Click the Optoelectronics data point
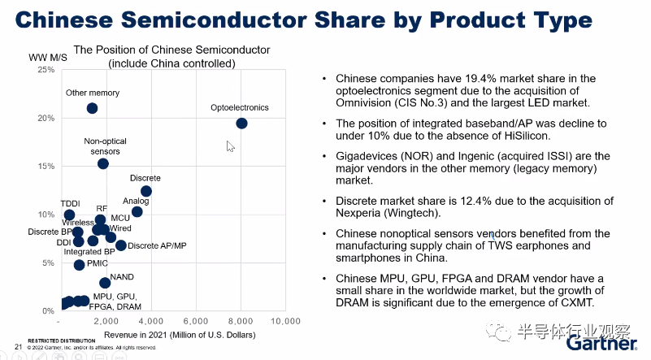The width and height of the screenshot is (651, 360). [x=241, y=123]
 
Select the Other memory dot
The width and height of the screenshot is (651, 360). [x=92, y=108]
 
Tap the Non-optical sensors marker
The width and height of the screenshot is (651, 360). [x=102, y=163]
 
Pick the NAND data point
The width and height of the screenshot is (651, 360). [x=105, y=283]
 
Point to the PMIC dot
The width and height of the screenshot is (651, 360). [x=79, y=265]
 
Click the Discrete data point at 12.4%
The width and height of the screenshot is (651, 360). [x=146, y=191]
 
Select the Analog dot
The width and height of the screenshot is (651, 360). [x=137, y=212]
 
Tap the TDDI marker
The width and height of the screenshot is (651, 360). [x=69, y=215]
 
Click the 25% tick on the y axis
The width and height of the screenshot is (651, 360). [x=46, y=70]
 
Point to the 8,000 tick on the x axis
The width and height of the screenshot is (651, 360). [x=240, y=322]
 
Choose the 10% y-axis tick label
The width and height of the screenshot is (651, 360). [x=46, y=215]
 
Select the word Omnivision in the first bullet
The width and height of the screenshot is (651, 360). [x=362, y=103]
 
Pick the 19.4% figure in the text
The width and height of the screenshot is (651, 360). [x=455, y=79]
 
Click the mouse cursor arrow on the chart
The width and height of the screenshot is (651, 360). [x=230, y=145]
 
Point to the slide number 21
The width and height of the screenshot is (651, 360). [x=18, y=347]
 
